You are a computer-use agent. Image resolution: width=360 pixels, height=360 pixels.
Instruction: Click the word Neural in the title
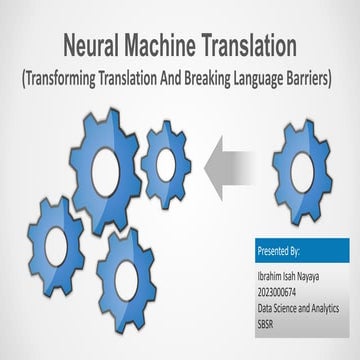(91, 45)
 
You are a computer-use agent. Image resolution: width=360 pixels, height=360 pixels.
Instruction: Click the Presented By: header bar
(303, 247)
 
